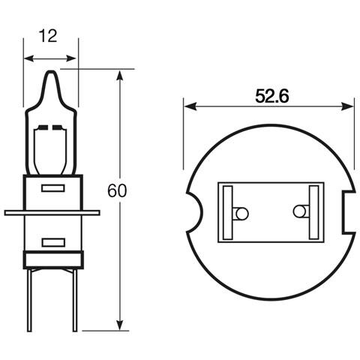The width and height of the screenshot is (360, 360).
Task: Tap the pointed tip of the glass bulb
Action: pyautogui.click(x=50, y=73)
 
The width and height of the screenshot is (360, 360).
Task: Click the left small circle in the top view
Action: pyautogui.click(x=241, y=214)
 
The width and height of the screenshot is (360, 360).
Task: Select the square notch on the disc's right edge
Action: pyautogui.click(x=349, y=212)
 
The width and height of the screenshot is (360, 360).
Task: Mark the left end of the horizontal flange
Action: pyautogui.click(x=7, y=213)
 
